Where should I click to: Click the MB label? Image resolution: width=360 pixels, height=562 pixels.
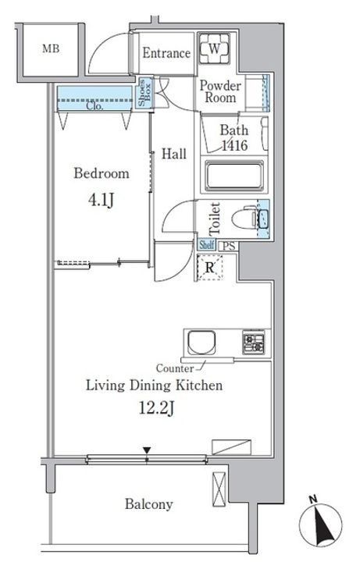[x=51, y=48]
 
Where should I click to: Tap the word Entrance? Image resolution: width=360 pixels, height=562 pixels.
[x=166, y=53]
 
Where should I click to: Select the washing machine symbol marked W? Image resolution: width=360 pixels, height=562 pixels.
[x=214, y=48]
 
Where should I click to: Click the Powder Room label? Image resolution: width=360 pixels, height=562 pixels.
[x=220, y=91]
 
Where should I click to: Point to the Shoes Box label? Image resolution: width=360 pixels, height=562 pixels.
[x=144, y=92]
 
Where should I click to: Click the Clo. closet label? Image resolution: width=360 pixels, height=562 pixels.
[x=94, y=106]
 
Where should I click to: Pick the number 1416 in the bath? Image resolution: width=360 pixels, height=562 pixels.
[x=234, y=145]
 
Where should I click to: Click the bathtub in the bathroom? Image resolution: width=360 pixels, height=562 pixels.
[x=234, y=176]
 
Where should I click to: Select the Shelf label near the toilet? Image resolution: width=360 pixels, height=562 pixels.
[x=206, y=245]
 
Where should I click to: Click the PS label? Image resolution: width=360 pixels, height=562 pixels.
[x=229, y=246]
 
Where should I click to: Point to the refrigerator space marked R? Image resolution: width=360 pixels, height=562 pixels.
[x=210, y=268]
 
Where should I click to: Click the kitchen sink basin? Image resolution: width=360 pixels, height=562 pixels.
[x=202, y=343]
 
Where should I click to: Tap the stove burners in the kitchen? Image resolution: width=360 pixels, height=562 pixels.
[x=254, y=343]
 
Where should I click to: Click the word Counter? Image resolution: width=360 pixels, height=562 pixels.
[x=175, y=368]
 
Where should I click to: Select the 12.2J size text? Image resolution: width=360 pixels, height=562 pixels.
[x=157, y=408]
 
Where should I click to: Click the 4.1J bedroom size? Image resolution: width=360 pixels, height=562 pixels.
[x=101, y=200]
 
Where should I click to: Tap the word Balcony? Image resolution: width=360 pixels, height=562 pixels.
[x=149, y=504]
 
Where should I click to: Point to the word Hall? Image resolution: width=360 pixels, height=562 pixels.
[x=174, y=154]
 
